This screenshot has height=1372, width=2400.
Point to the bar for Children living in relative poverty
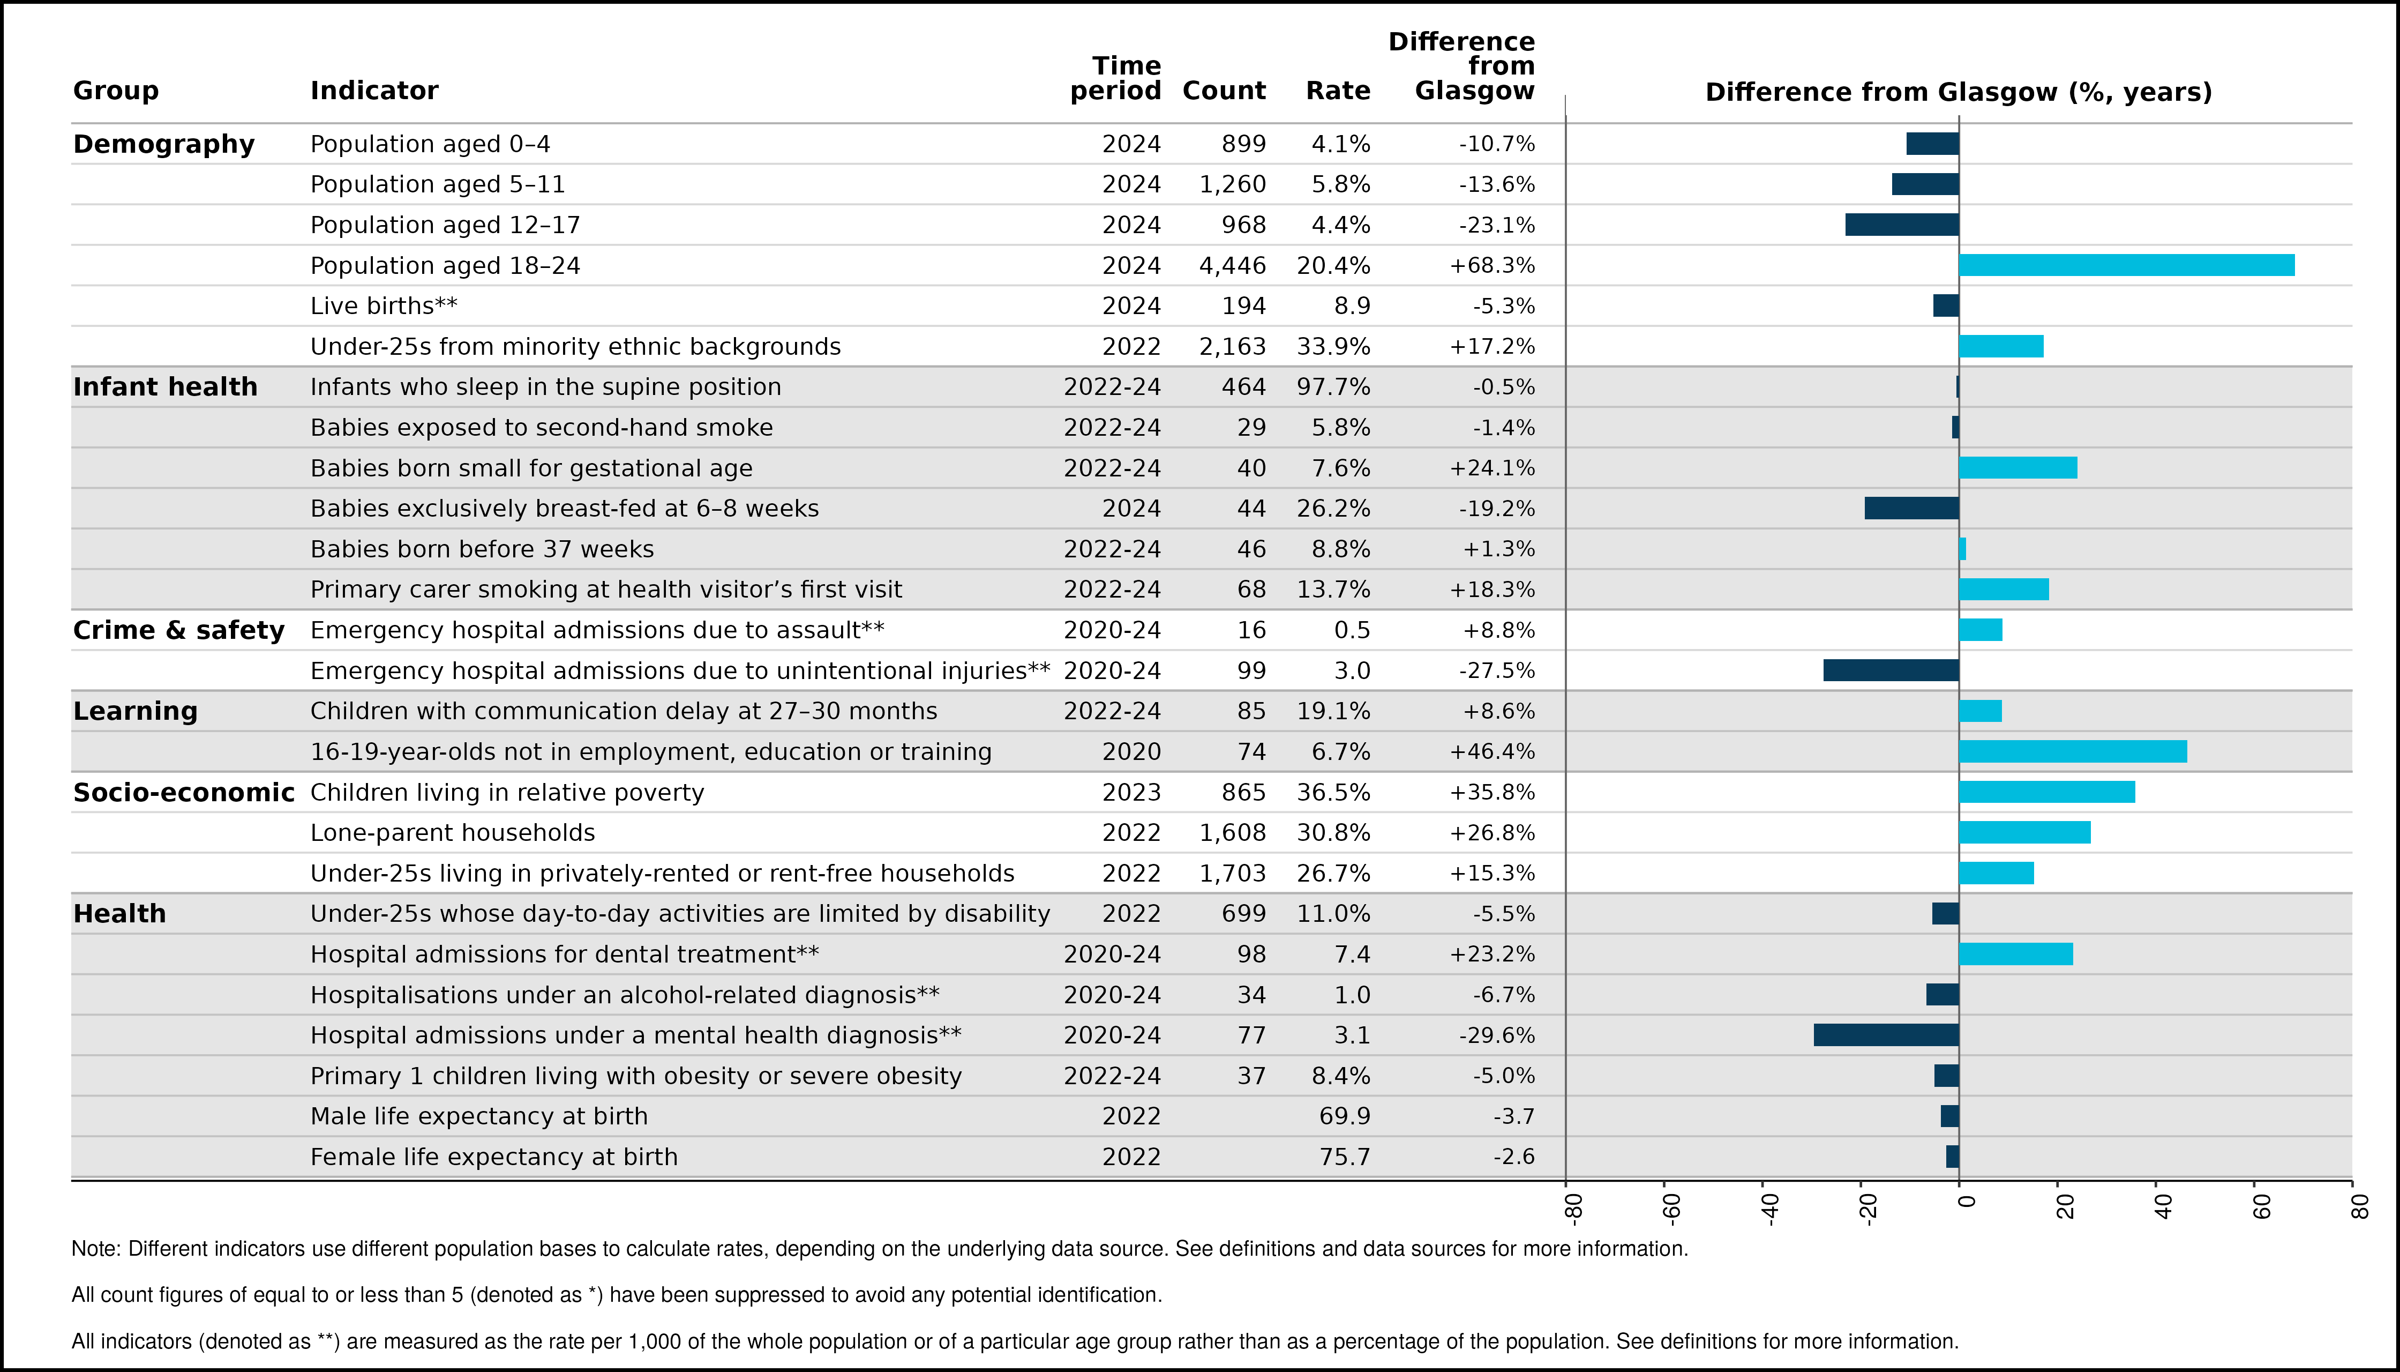(2047, 792)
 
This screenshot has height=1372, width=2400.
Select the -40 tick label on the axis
(1770, 1209)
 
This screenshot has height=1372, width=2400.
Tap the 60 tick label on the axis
(2262, 1206)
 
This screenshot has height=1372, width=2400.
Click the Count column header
(1224, 91)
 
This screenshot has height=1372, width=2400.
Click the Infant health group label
(165, 387)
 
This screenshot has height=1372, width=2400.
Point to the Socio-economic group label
(184, 793)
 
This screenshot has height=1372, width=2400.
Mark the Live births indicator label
(384, 306)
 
